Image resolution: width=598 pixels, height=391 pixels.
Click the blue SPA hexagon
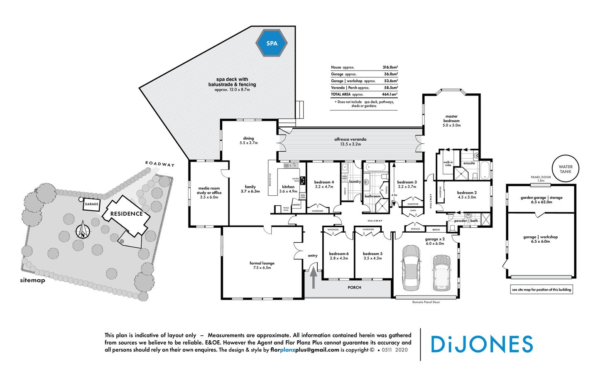[x=272, y=43]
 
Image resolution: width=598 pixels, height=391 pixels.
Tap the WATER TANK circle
[x=565, y=169]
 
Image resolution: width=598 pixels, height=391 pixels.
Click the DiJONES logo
[x=482, y=344]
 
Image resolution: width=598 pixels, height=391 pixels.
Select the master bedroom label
[x=451, y=119]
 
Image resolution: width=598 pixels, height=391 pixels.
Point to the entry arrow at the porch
[x=313, y=278]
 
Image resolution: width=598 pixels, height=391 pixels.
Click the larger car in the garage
[x=410, y=268]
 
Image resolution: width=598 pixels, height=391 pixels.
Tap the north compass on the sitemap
[x=82, y=230]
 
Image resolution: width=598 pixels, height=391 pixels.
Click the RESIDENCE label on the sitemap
[x=126, y=214]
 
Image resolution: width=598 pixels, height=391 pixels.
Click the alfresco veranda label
[x=350, y=139]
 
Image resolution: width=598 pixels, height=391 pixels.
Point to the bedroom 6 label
[x=338, y=253]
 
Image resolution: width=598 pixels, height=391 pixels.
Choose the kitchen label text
[x=288, y=187]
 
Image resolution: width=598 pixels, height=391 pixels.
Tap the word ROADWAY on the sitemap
[x=160, y=164]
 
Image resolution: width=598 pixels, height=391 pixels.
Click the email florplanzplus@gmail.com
[x=304, y=350]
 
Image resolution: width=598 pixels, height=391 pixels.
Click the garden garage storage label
[x=541, y=198]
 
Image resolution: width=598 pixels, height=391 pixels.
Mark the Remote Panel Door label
[x=426, y=302]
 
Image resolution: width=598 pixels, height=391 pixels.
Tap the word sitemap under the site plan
[x=32, y=280]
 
